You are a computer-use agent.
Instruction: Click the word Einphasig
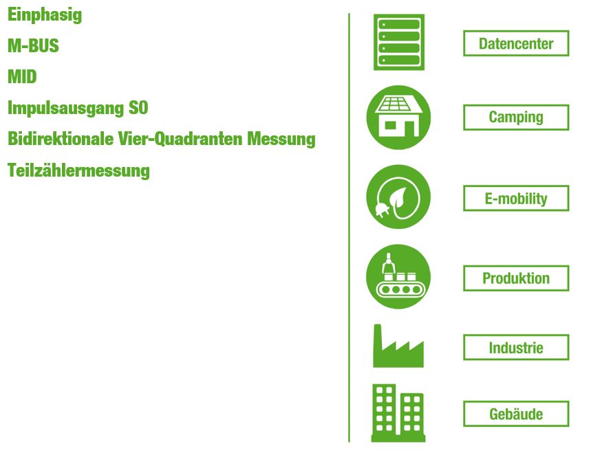point(45,15)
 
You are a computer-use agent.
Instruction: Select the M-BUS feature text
point(33,45)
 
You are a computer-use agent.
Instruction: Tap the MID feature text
point(22,76)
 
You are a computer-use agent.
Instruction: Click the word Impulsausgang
point(66,108)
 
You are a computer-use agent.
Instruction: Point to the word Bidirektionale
point(61,138)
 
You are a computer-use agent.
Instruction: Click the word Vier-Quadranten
point(180,139)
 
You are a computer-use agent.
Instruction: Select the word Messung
point(281,140)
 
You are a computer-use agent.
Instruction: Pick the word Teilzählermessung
point(78,170)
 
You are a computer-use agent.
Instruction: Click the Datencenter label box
point(516,43)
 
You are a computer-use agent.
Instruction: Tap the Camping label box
point(516,118)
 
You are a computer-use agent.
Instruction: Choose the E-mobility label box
point(516,199)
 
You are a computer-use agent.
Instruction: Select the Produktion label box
point(516,278)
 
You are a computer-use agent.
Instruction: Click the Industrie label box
point(516,348)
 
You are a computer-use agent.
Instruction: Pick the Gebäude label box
point(516,414)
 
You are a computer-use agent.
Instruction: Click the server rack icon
point(398,43)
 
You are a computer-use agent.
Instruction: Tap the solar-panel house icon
point(398,118)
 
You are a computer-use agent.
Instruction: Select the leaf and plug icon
point(398,197)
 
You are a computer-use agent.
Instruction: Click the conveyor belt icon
point(398,276)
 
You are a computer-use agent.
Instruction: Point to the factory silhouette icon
point(398,346)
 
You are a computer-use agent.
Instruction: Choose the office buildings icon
point(398,413)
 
